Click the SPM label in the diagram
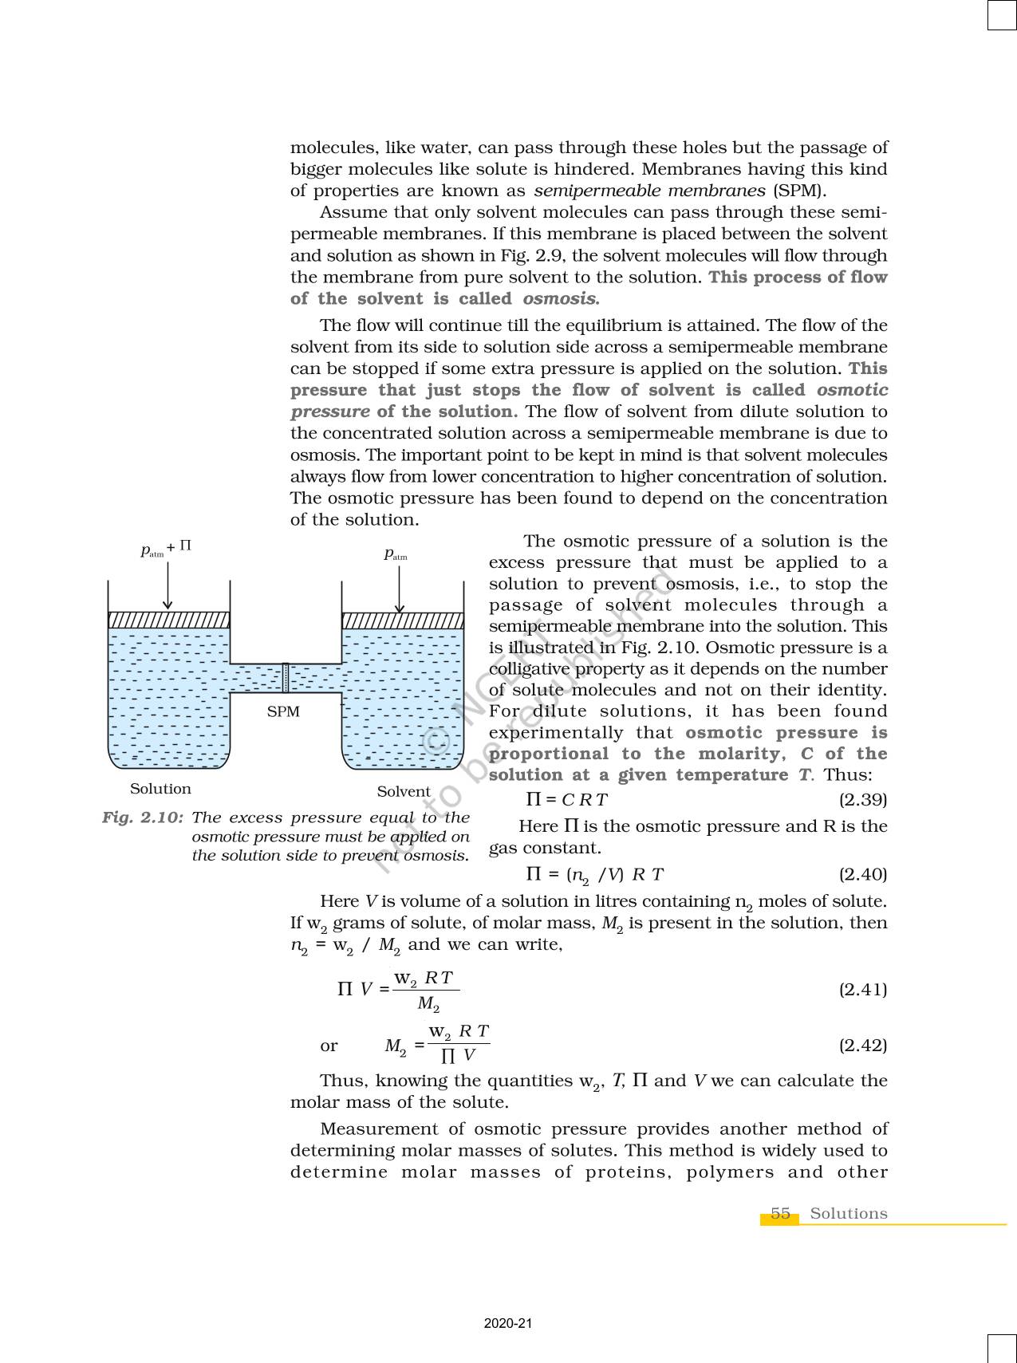tap(283, 711)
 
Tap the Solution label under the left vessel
tap(160, 789)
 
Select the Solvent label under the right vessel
tap(404, 791)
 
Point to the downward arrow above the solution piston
tap(168, 585)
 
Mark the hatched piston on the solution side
tap(168, 620)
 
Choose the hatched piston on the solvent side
tap(402, 620)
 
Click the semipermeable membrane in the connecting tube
tap(286, 677)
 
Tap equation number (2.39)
tap(862, 799)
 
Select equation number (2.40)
tap(862, 874)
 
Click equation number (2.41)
tap(862, 990)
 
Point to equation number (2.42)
tap(862, 1046)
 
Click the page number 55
tap(780, 1213)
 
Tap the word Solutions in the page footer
tap(848, 1213)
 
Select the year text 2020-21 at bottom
tap(508, 1323)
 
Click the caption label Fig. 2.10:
tap(143, 817)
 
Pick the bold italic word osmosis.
tap(560, 299)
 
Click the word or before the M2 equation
tap(329, 1046)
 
